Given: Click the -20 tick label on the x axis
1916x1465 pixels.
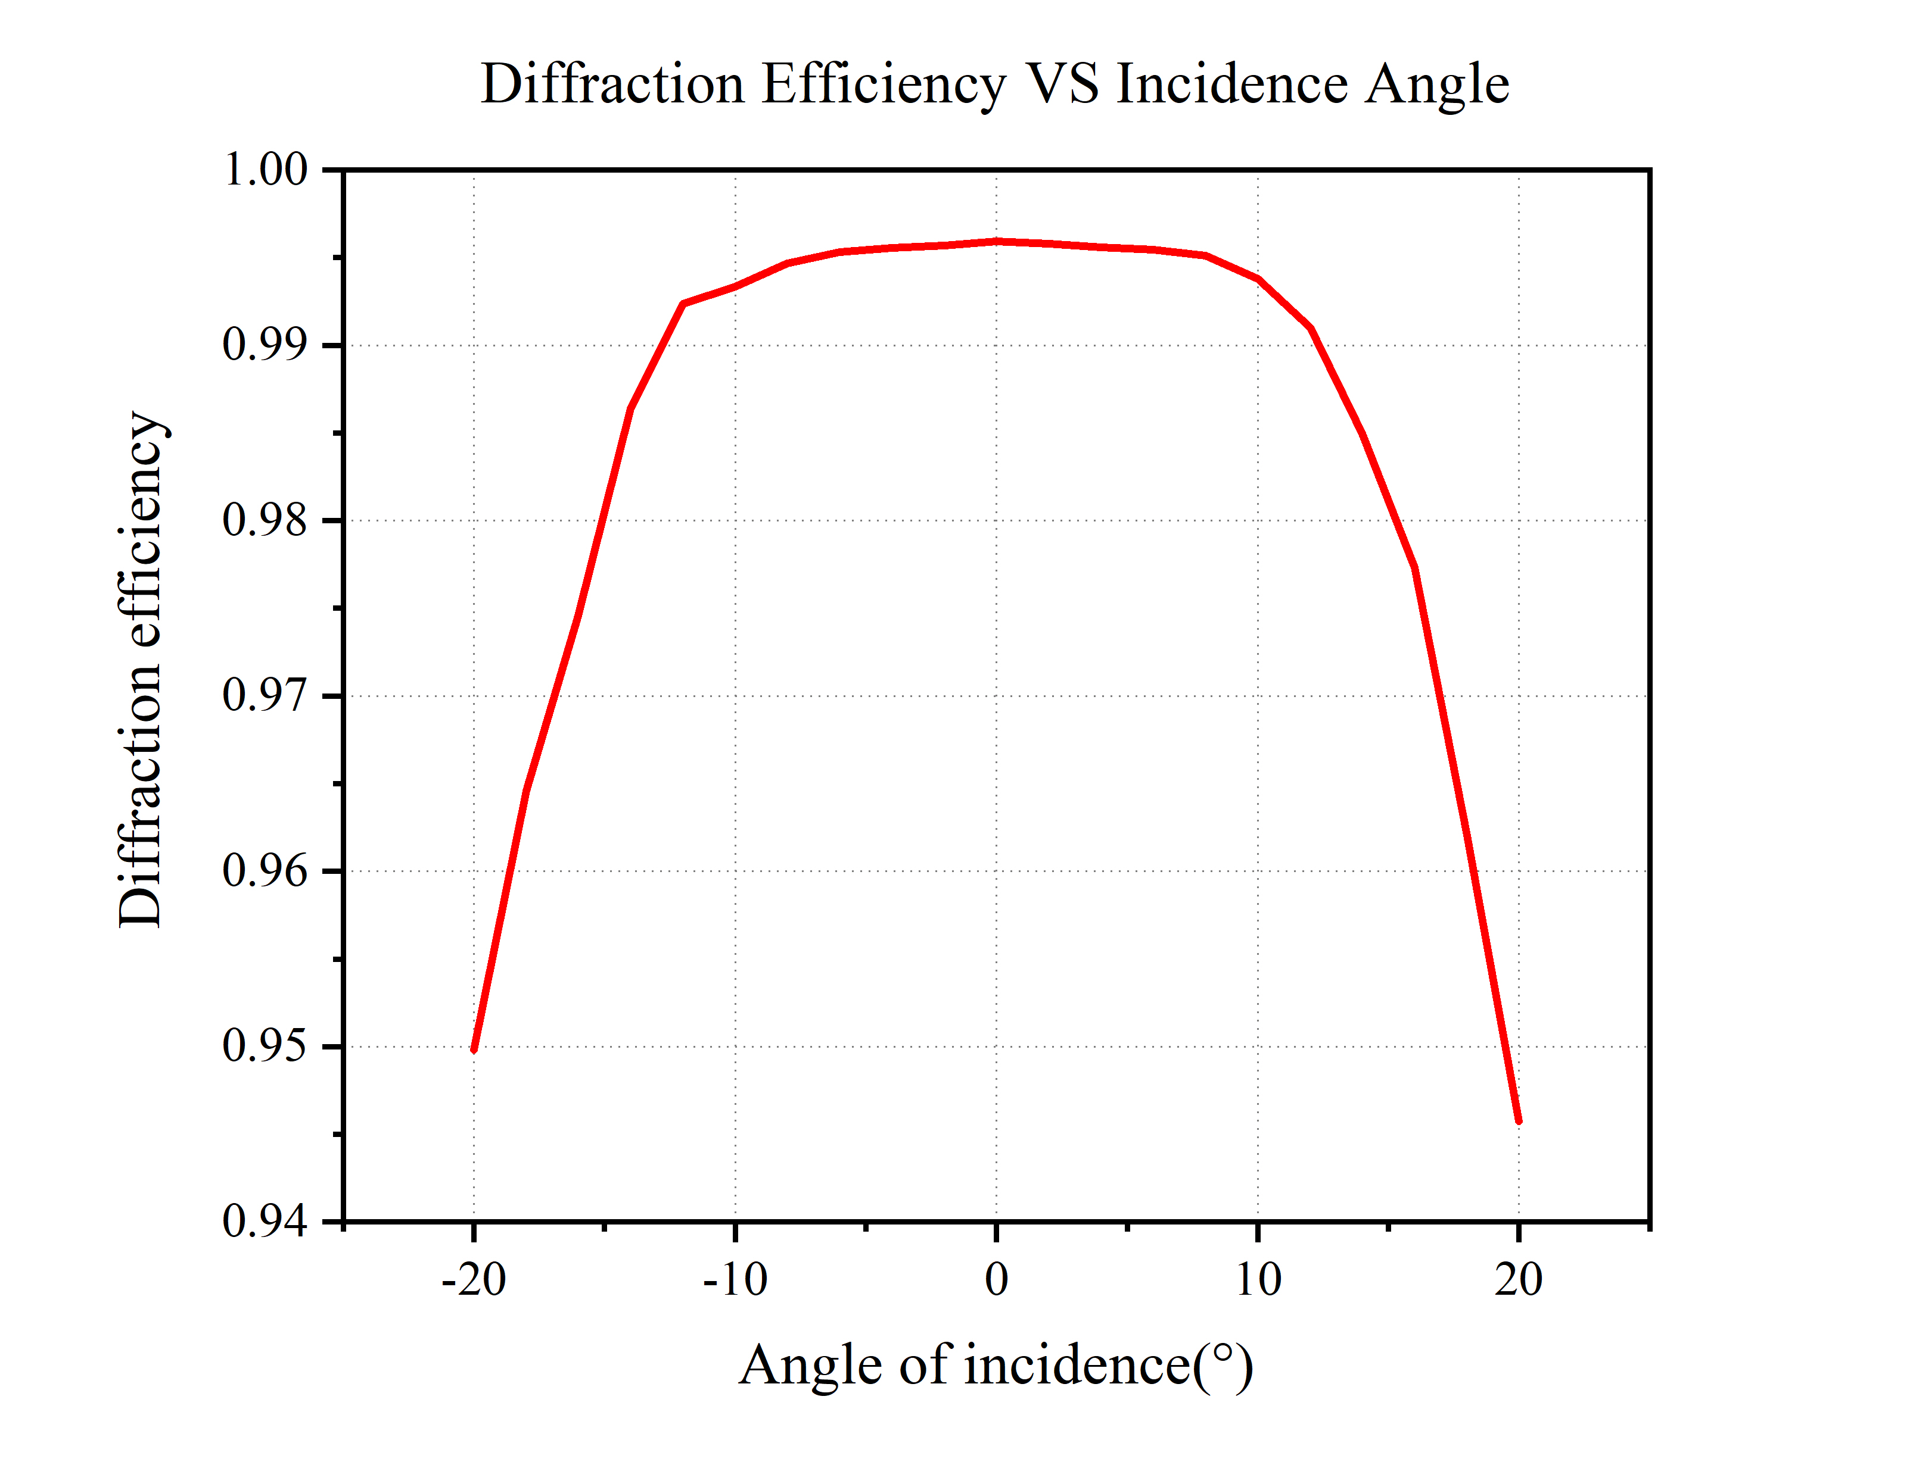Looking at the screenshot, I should [474, 1280].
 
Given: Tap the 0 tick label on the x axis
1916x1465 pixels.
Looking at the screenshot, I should [996, 1280].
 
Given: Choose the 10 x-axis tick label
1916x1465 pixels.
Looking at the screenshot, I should [1258, 1280].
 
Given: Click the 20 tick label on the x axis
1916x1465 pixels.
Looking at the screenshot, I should [1519, 1280].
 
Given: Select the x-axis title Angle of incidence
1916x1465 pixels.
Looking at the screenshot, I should [996, 1366].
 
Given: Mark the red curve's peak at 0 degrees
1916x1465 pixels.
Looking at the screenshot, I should [996, 242].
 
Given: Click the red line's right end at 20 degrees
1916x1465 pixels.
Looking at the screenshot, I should [1519, 1122].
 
